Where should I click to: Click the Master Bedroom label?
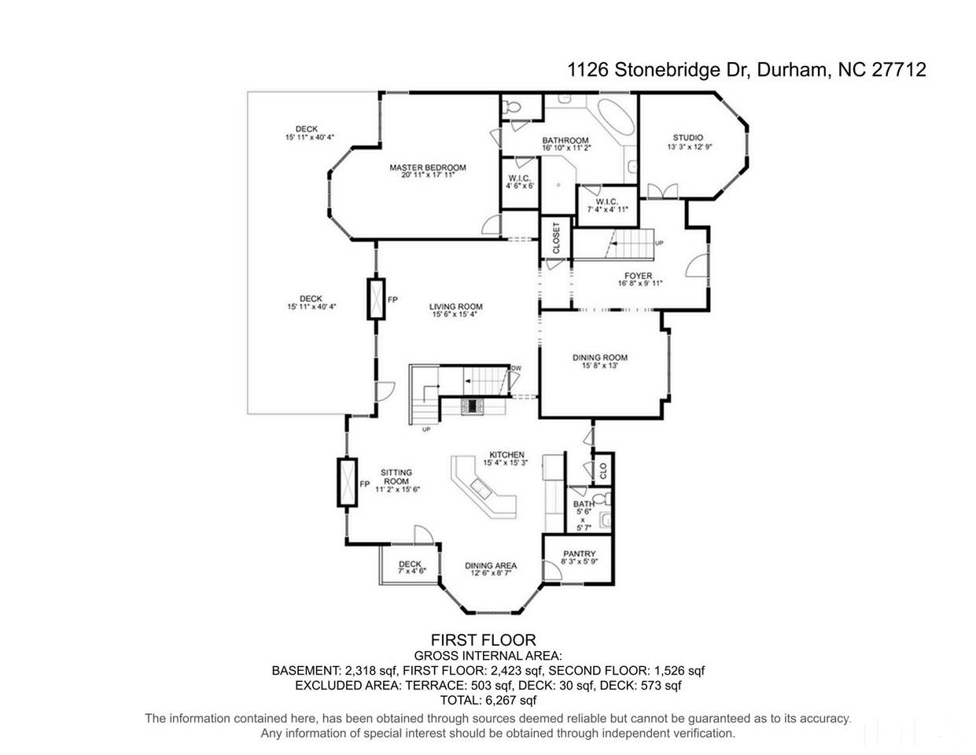427,168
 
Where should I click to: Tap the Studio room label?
687,138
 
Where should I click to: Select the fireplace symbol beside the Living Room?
376,299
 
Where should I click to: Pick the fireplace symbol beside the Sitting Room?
347,482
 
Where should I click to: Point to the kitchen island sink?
481,488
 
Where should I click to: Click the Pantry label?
580,554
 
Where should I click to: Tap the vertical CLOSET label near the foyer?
556,238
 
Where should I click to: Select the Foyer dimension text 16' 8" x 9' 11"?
640,283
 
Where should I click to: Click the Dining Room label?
600,358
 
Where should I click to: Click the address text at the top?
746,70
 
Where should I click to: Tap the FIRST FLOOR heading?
484,639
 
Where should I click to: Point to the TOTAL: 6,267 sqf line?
488,700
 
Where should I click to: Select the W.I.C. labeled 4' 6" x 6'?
520,182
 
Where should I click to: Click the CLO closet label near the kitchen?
603,471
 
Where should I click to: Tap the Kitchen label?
506,455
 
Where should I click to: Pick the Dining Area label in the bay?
491,566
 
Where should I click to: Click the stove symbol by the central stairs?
472,407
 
